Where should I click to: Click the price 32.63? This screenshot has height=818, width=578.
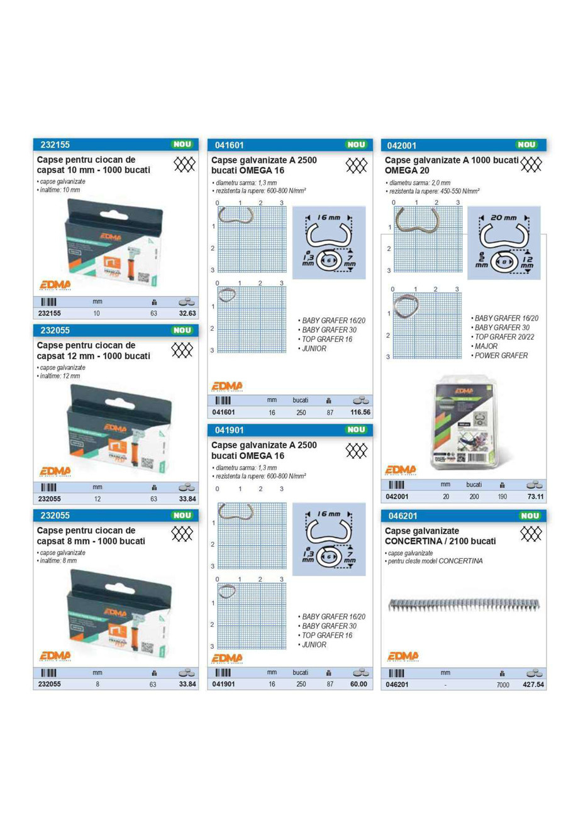coord(187,313)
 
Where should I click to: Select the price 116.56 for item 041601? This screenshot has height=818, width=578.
coord(360,412)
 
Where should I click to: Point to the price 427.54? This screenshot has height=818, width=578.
coord(533,684)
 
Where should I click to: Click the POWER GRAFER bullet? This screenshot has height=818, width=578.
coord(501,355)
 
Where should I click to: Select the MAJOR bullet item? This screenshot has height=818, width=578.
coord(486,346)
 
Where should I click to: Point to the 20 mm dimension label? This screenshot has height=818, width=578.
coord(503,218)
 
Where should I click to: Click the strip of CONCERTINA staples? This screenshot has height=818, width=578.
coord(464,605)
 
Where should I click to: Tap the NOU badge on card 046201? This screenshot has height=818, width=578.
coord(530,516)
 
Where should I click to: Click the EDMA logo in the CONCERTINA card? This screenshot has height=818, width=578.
coord(403,656)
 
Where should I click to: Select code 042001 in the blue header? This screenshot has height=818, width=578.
coord(403,145)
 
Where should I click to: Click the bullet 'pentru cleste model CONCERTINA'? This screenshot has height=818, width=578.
coord(435,561)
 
